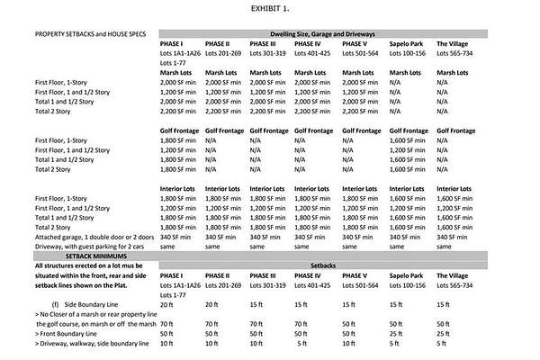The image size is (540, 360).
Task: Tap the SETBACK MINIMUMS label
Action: pyautogui.click(x=67, y=256)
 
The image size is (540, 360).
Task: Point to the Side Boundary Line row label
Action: pyautogui.click(x=89, y=303)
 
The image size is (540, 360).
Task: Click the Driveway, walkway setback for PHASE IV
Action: pyautogui.click(x=303, y=343)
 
